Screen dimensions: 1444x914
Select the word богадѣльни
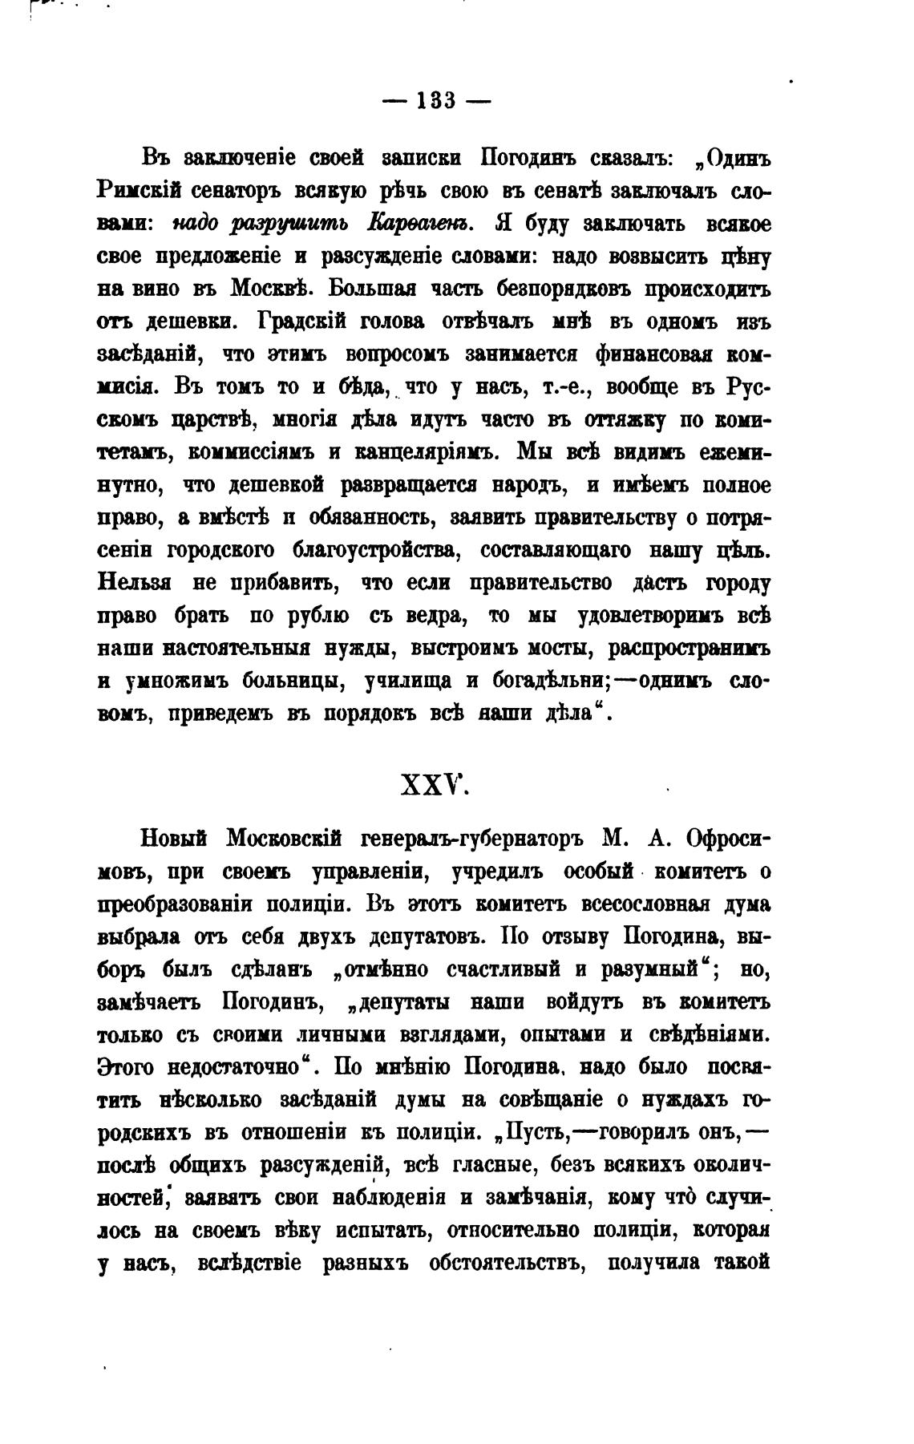coord(545,680)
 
